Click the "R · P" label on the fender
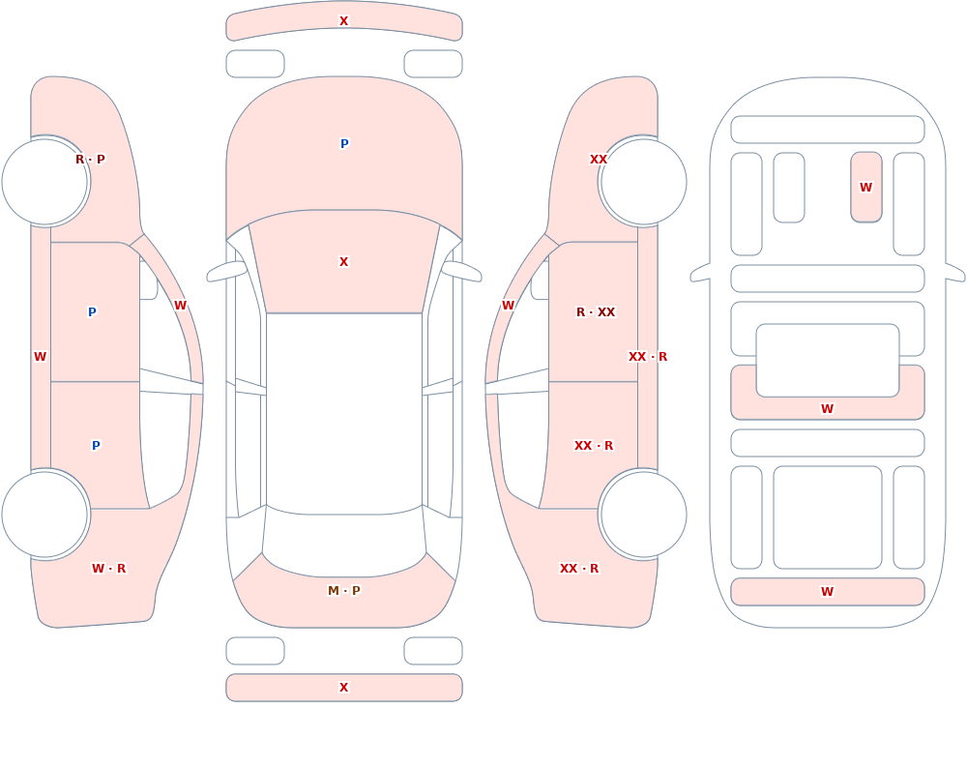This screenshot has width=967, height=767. coord(90,160)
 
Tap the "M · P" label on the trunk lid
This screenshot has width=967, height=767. coord(344,591)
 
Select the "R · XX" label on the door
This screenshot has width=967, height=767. coord(596,312)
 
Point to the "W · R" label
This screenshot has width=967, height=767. coord(108,569)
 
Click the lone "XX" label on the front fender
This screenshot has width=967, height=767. coord(599,160)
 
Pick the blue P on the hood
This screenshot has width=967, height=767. coord(344,144)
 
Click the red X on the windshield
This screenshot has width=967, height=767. coord(344,262)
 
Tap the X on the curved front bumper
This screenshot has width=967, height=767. coord(344,21)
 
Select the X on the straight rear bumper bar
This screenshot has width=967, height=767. coord(344,688)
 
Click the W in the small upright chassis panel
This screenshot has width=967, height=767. coord(865,187)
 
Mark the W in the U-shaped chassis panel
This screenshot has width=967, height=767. coord(828,408)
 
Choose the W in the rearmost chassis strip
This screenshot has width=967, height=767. coord(828,592)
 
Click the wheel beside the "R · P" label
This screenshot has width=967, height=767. coord(45,182)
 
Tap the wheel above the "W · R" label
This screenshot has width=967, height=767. coord(45,514)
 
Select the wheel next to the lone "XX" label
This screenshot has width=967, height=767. coord(643,182)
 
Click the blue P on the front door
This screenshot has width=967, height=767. coord(92,312)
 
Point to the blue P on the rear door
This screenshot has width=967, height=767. coord(96,446)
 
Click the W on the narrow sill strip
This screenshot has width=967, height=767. coord(40,357)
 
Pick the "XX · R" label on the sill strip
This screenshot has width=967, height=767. coord(648,357)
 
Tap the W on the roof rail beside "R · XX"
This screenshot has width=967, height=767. coord(509,306)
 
